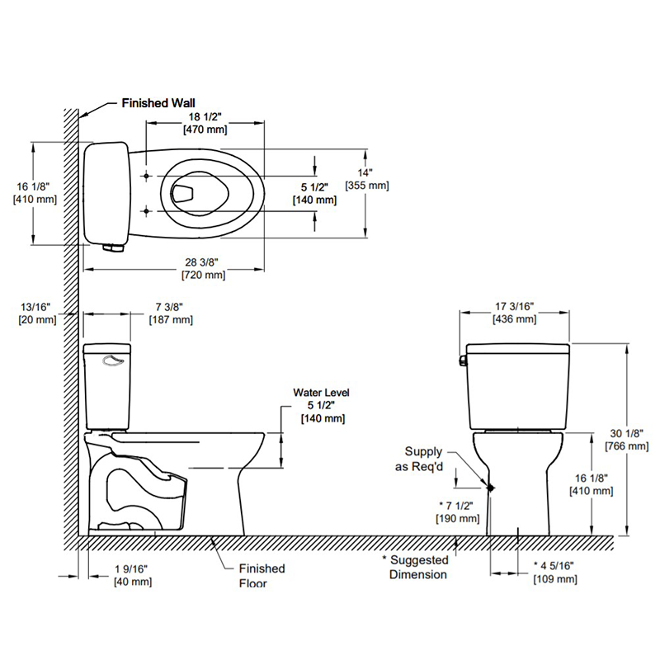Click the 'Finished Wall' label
click(158, 104)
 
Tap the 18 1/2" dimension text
click(205, 117)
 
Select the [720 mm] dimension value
click(205, 274)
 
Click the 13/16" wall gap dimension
click(37, 307)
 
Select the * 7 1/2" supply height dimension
click(458, 506)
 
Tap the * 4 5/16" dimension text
click(555, 566)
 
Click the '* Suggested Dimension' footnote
click(417, 567)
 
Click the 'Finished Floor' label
click(262, 575)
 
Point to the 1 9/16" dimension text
click(133, 569)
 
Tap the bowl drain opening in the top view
click(184, 194)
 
